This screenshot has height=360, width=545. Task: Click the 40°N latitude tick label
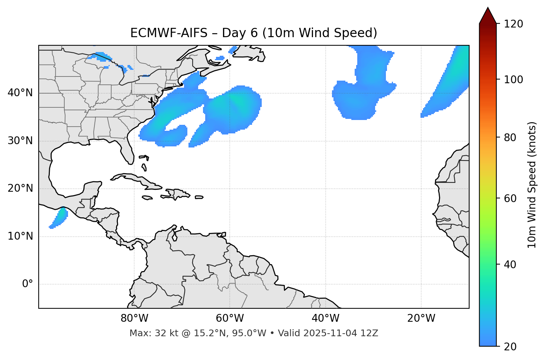tap(20, 93)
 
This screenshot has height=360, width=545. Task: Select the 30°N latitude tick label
tap(20, 141)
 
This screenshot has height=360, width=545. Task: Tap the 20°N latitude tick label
tap(20, 188)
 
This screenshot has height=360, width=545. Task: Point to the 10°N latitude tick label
tap(20, 236)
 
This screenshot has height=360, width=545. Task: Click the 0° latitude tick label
tap(28, 284)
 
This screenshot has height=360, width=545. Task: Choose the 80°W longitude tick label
tap(134, 318)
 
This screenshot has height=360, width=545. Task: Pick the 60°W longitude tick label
tap(230, 318)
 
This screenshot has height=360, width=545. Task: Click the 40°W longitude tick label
tap(325, 318)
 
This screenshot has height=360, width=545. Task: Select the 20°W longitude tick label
tap(421, 318)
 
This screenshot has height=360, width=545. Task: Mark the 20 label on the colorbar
tap(510, 347)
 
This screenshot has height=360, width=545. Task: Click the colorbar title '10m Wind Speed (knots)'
tap(532, 185)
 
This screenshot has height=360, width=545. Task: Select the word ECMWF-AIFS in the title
tap(169, 33)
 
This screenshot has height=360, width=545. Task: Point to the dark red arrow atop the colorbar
tap(488, 16)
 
